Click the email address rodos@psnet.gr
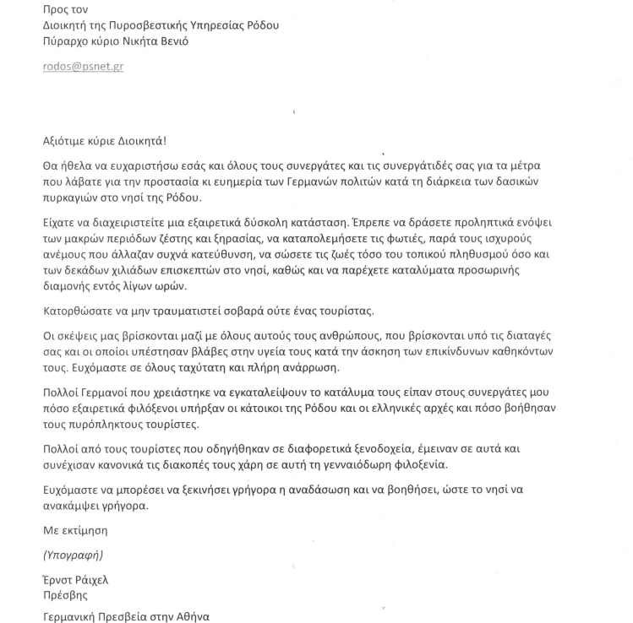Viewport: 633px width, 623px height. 83,66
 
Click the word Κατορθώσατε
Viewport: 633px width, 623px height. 79,311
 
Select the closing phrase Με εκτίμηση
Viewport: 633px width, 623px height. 75,530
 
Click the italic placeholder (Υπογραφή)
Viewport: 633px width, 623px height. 74,555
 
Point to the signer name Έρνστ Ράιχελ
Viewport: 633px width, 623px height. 75,580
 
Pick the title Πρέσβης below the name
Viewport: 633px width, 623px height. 65,595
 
